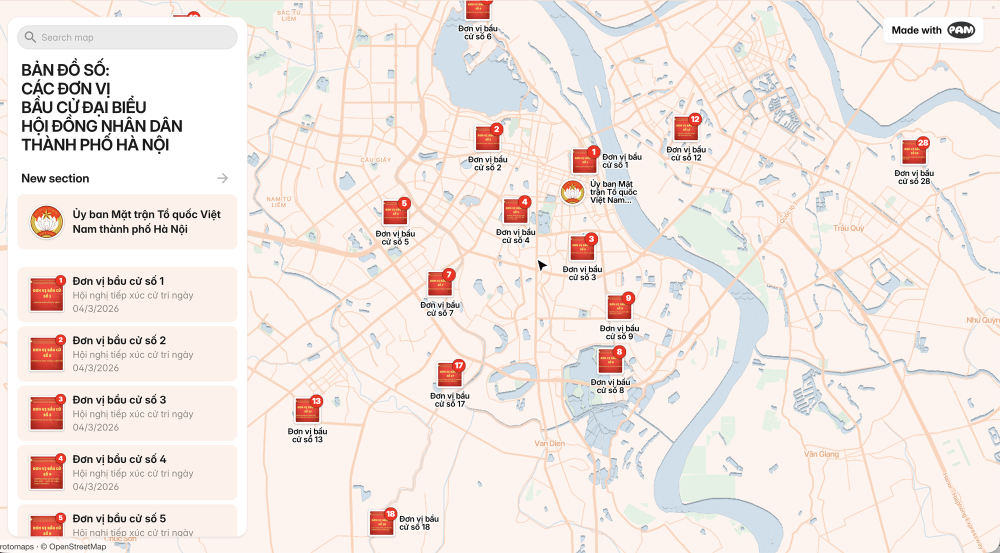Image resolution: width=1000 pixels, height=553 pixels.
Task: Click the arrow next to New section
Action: [x=222, y=178]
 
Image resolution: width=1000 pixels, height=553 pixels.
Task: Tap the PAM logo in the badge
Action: [x=960, y=30]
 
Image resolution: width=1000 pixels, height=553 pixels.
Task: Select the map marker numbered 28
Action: [x=914, y=152]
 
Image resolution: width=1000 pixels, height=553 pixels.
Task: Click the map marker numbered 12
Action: [x=686, y=128]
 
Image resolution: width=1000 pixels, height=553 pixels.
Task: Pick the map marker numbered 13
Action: [x=307, y=410]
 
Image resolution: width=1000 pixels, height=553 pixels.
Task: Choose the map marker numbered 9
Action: [x=619, y=307]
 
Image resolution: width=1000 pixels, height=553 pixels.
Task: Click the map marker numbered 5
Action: [x=395, y=213]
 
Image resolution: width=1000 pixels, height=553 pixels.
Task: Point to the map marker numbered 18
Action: [x=381, y=523]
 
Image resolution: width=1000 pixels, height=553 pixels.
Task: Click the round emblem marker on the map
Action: [x=572, y=192]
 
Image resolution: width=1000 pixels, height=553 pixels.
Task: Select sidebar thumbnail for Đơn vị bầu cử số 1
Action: [x=46, y=294]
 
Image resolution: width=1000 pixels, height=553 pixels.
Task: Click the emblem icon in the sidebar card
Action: [x=46, y=222]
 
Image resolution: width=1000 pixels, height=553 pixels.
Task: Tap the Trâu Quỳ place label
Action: [x=848, y=228]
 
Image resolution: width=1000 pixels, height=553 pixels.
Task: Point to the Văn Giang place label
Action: [x=821, y=454]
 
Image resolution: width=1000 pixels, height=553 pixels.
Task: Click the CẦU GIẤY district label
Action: [x=375, y=160]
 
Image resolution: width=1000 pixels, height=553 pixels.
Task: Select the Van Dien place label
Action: [x=549, y=443]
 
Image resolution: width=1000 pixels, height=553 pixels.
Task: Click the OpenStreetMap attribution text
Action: [x=77, y=546]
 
